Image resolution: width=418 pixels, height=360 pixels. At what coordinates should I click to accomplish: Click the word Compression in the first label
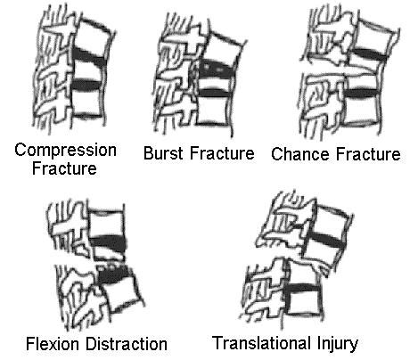tap(65, 151)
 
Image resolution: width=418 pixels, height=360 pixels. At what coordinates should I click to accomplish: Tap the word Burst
tap(164, 153)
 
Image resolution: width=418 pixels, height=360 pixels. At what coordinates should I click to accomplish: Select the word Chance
tap(300, 154)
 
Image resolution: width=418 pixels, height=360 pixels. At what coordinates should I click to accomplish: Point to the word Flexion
tap(53, 344)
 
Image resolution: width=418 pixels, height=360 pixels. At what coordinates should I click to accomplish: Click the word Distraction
tap(127, 344)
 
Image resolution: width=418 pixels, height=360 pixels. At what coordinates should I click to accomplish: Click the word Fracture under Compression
tap(64, 168)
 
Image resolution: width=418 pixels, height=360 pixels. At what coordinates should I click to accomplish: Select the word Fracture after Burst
tap(222, 153)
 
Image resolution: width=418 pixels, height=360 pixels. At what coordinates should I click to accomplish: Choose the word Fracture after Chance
tap(368, 154)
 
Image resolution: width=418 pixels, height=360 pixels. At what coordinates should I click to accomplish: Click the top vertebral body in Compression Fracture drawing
tap(93, 37)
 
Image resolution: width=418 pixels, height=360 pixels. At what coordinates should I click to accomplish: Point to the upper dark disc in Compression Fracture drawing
tap(89, 56)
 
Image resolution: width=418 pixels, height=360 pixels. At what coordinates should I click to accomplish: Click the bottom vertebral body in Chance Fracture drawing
tap(360, 110)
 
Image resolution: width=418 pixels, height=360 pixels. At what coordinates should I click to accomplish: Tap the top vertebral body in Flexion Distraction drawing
tap(106, 224)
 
